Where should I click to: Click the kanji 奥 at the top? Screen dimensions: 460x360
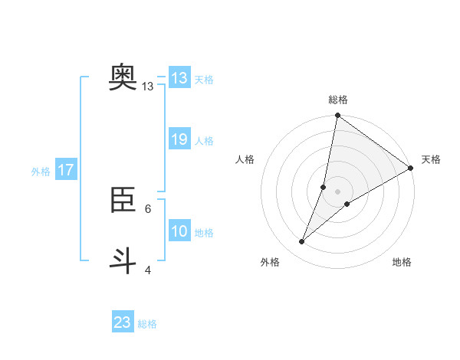point(123,77)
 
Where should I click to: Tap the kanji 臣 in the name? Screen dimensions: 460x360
point(123,201)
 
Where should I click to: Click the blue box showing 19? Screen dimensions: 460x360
point(179,139)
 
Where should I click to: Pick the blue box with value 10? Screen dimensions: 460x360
point(179,231)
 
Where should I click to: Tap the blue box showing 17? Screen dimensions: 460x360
point(66,170)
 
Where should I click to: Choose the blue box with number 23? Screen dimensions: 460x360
point(123,322)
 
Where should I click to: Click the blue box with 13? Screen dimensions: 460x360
point(179,78)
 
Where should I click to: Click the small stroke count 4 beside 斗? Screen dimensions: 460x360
point(148,270)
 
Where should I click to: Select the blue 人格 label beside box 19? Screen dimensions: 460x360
point(204,141)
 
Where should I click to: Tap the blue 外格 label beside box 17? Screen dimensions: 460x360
point(41,172)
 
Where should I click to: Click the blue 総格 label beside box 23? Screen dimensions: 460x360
point(147,324)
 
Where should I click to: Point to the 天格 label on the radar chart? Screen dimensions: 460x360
point(431,159)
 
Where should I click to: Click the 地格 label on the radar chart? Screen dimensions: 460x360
point(402,262)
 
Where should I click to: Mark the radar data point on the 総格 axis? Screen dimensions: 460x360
point(337,116)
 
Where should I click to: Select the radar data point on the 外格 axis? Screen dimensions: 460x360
point(302,242)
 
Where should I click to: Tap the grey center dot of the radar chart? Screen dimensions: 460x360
point(337,191)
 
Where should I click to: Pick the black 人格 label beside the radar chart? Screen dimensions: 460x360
point(245,159)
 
